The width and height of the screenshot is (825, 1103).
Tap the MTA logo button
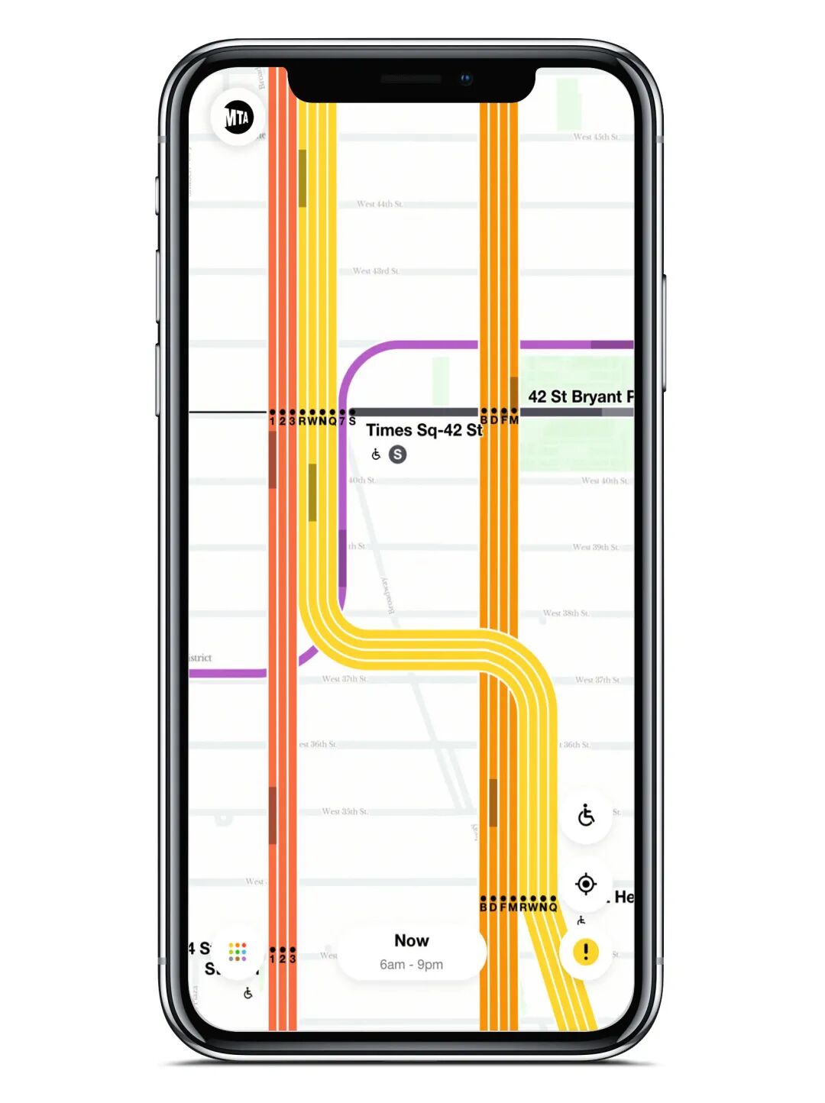pos(238,118)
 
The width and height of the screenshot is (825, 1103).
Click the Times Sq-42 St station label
pos(424,430)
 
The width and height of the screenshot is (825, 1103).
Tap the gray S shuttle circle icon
pos(397,454)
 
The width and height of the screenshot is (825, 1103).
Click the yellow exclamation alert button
pos(586,952)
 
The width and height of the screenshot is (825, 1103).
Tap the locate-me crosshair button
pos(586,884)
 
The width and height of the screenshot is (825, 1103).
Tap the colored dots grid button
pos(238,952)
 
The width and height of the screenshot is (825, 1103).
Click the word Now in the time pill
pos(411,940)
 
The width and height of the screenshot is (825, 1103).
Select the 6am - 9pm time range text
pos(411,965)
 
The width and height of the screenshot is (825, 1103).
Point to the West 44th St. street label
pos(380,204)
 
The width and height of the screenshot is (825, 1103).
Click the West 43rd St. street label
pos(376,271)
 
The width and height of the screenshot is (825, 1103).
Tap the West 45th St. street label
pos(597,137)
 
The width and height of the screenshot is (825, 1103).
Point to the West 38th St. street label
pos(566,613)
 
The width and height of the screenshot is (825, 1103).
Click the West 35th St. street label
pos(345,811)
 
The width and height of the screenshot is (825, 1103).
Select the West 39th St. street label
pos(596,547)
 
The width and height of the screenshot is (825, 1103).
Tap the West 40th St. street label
pos(605,480)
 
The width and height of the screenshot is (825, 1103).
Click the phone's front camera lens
pos(466,79)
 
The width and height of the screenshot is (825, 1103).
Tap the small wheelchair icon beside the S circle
pos(376,454)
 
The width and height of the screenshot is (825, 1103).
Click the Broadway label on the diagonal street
pos(388,596)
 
